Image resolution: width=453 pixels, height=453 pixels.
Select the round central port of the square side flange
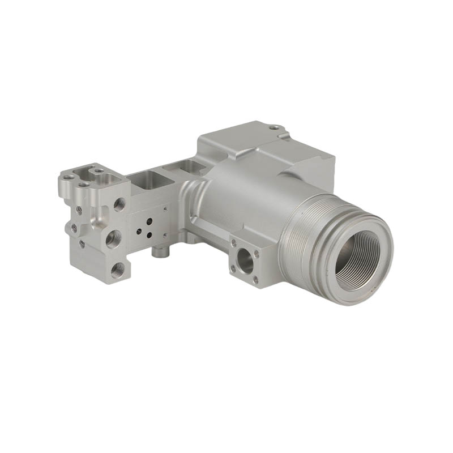(x=246, y=260)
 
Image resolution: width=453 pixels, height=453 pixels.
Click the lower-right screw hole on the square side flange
(x=255, y=279)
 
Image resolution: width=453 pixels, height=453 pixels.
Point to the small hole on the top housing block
(x=273, y=127)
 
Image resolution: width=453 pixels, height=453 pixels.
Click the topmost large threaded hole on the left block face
(x=119, y=204)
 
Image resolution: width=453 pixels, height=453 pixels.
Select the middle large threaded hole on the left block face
(x=113, y=238)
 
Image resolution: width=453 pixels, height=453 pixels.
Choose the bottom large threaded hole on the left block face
(x=118, y=270)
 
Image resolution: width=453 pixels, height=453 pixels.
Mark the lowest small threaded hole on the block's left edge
(x=83, y=244)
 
